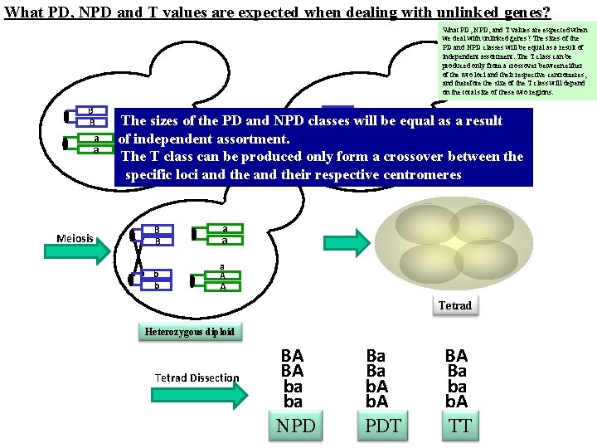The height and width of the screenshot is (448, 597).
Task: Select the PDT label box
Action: click(x=383, y=426)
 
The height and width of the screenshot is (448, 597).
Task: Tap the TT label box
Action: click(x=459, y=426)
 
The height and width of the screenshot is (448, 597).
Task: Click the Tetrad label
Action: click(x=455, y=305)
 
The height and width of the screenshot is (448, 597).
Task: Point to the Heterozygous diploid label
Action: click(x=189, y=332)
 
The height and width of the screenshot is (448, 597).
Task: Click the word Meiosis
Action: click(x=75, y=239)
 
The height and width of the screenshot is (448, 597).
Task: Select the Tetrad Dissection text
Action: click(x=197, y=378)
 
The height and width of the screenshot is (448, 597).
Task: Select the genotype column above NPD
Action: click(x=292, y=378)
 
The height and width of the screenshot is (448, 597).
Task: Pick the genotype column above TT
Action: click(x=456, y=378)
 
